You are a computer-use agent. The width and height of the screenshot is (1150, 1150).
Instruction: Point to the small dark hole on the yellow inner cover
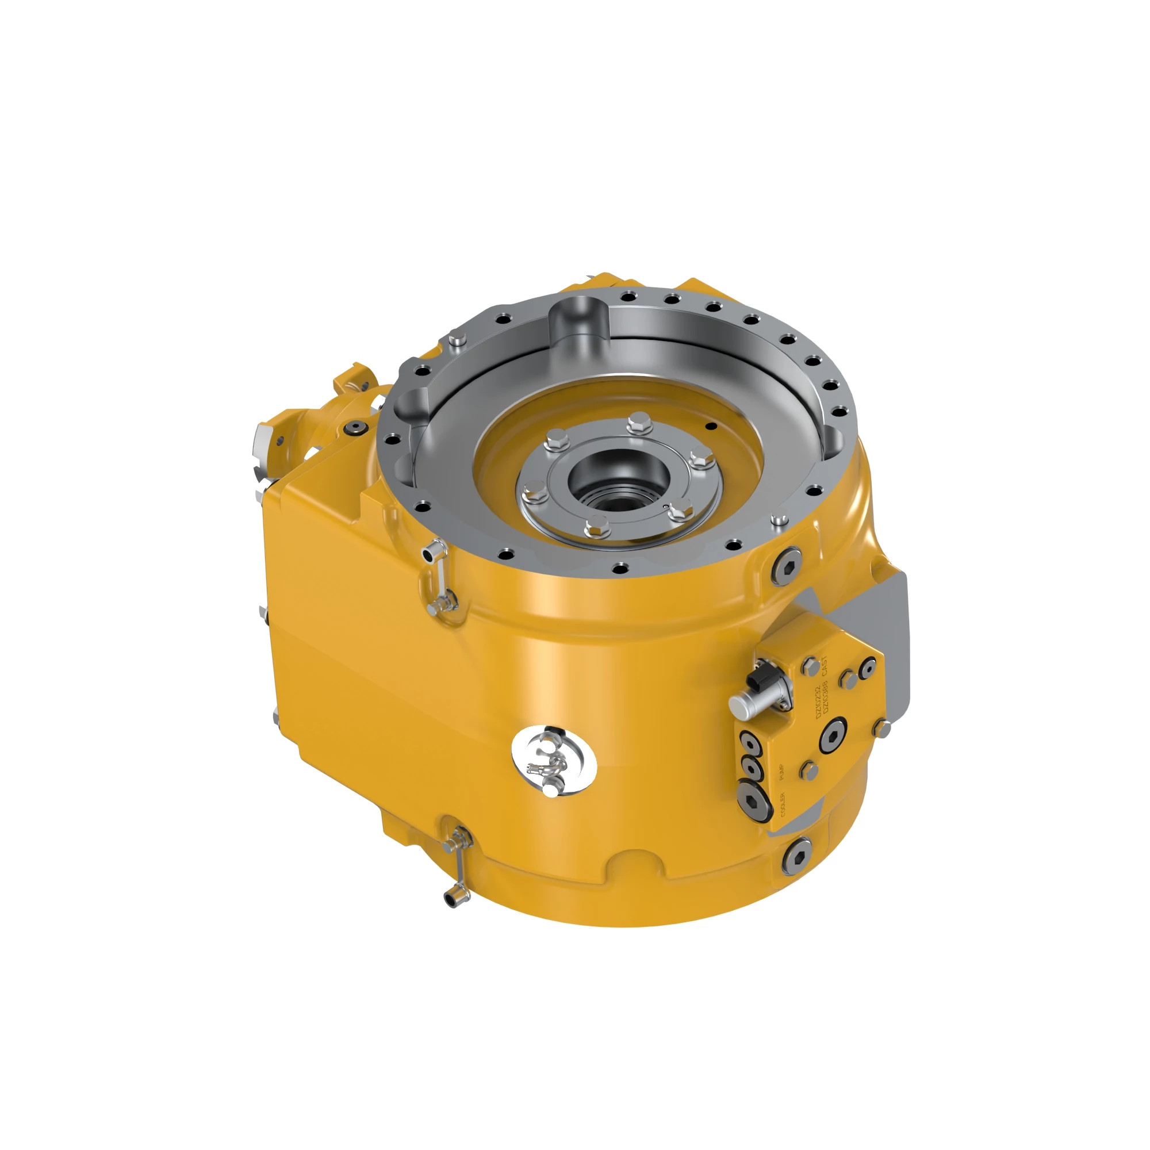click(x=708, y=425)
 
